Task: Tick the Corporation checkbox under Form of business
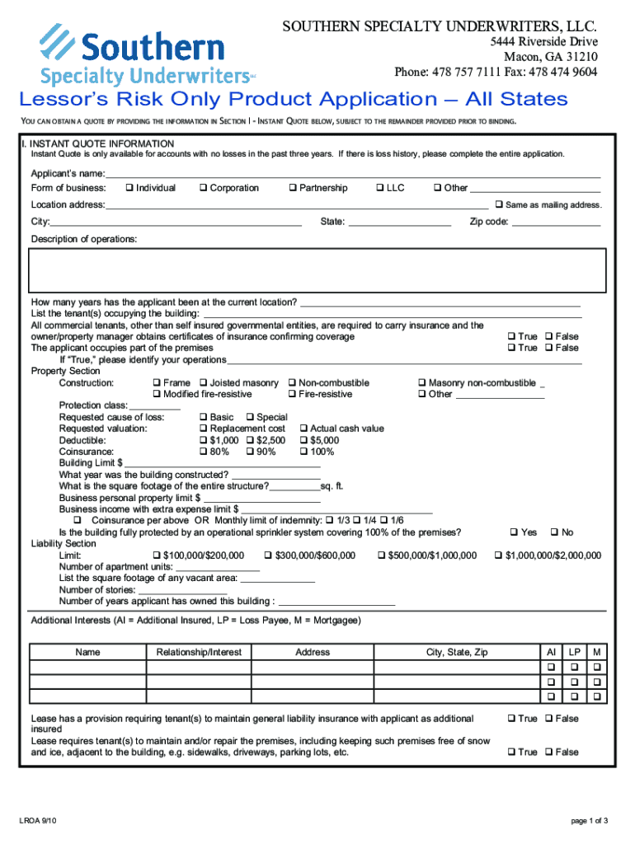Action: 203,188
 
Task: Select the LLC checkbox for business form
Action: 380,188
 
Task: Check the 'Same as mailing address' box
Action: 498,204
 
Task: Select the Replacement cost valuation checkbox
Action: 203,429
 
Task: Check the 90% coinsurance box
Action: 249,452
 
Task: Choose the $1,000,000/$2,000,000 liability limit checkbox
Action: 498,556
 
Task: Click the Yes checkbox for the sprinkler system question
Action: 513,532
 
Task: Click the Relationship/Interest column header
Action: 199,652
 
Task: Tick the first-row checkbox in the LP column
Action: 575,666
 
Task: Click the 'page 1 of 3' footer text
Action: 589,820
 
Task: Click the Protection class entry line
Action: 155,406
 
